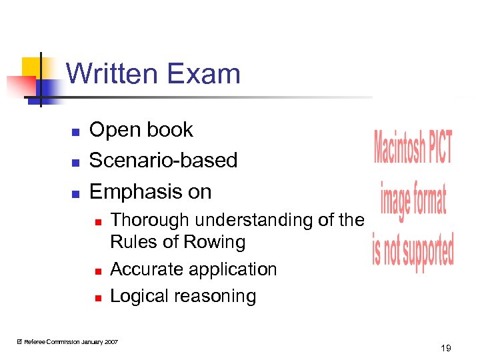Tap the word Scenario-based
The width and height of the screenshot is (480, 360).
[163, 160]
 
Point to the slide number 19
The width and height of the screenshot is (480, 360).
[446, 348]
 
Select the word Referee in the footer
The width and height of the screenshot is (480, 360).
[35, 342]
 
